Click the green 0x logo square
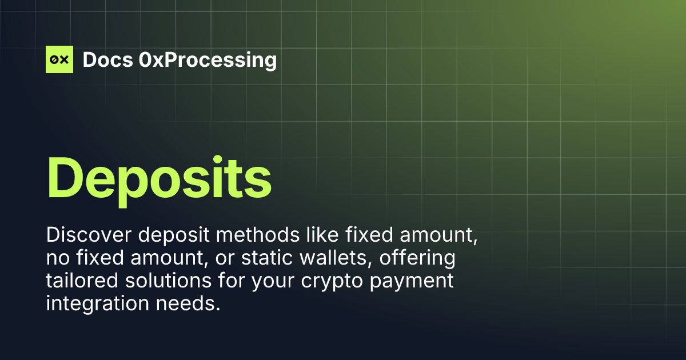click(59, 59)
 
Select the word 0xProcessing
click(208, 59)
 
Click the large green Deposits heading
click(158, 174)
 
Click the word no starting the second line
click(57, 258)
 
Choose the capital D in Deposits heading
click(65, 174)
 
